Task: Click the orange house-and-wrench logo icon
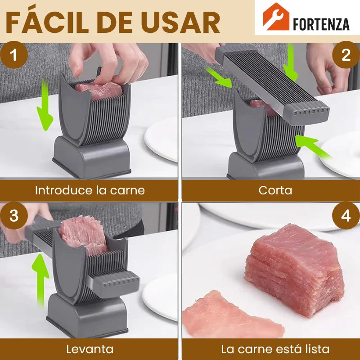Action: point(276,17)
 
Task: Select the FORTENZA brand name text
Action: point(321,24)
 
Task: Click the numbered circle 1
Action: point(14,55)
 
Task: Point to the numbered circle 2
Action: point(346,55)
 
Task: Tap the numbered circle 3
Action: point(14,216)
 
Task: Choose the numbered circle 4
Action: point(346,216)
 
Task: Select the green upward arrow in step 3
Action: point(40,280)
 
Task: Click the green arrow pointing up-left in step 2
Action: point(313,147)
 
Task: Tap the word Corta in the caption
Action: point(275,190)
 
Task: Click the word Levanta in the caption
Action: point(90,350)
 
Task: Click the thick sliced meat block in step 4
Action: point(295,270)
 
